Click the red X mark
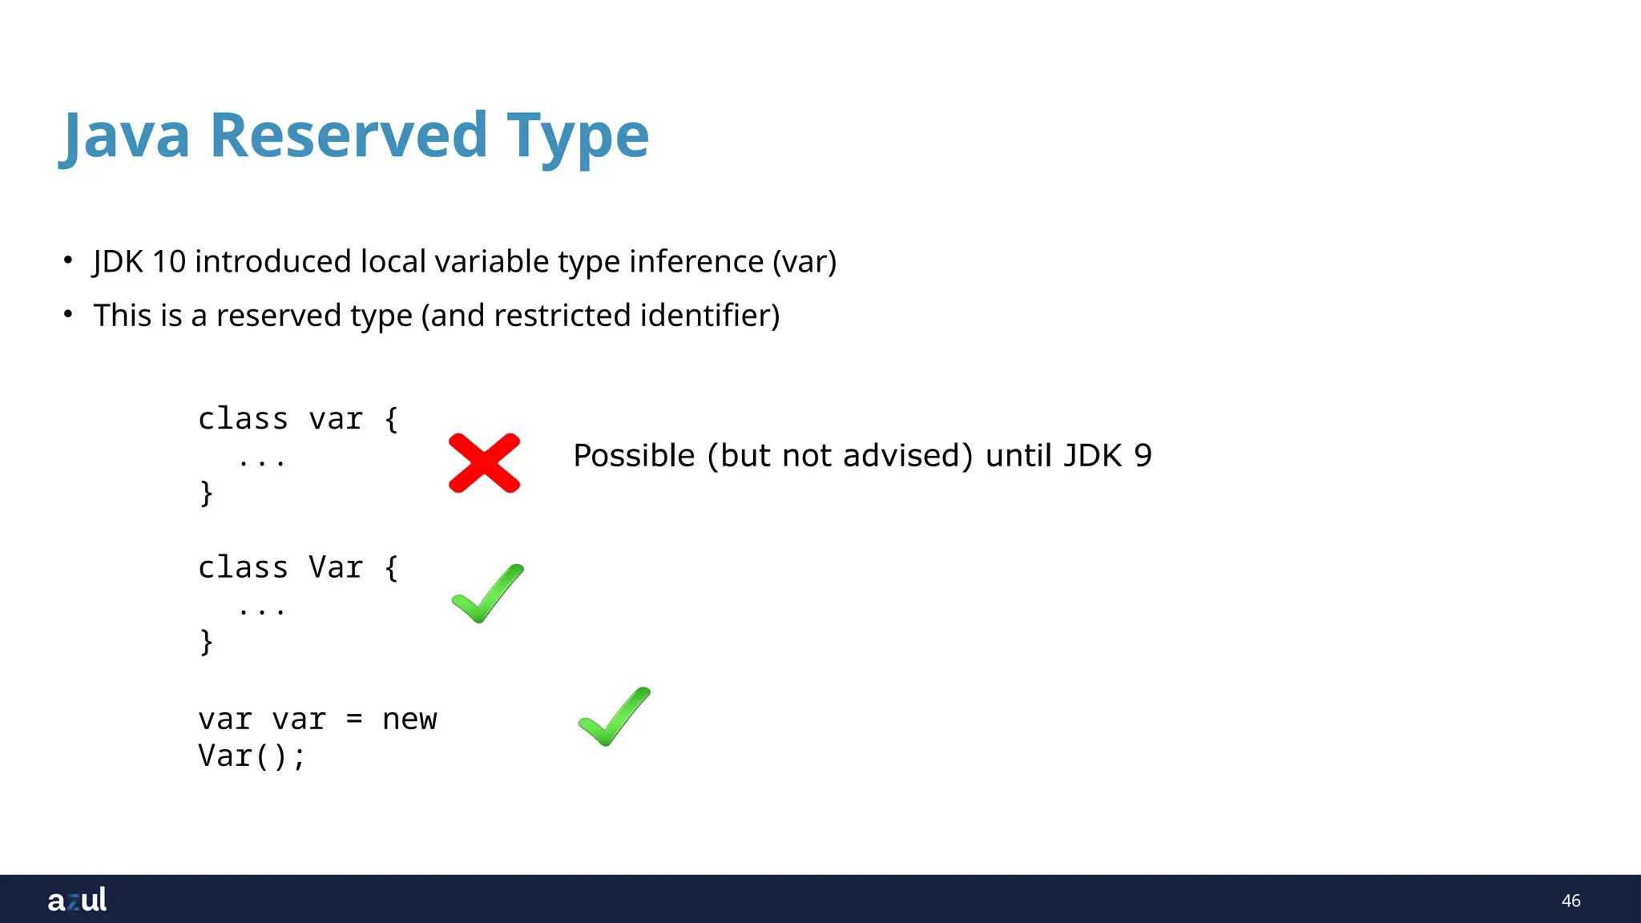pos(484,463)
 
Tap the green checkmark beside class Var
pos(487,594)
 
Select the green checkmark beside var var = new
pos(614,716)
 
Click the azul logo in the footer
pos(77,900)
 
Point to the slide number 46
pos(1570,901)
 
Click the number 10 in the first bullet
pos(169,262)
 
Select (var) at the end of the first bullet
pos(804,262)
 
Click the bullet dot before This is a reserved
pos(68,314)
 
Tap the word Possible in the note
pos(634,456)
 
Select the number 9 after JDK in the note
pos(1143,456)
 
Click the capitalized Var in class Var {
pos(336,567)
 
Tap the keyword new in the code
pos(409,719)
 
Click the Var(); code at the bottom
pos(252,756)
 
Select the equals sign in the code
pos(354,719)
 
